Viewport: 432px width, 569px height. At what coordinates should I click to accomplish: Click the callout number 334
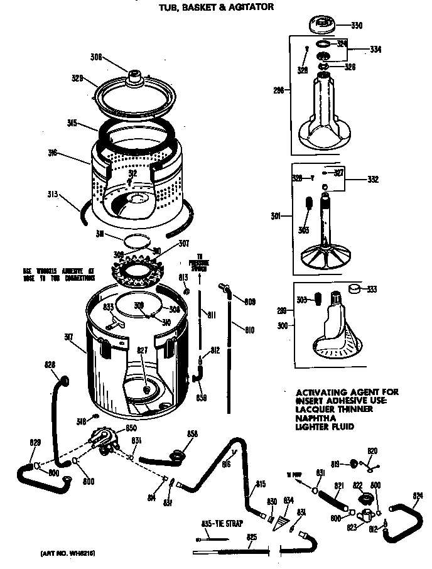pyautogui.click(x=376, y=49)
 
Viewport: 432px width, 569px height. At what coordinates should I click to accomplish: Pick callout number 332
pyautogui.click(x=373, y=180)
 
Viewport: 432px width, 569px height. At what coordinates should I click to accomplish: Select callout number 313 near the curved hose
pyautogui.click(x=53, y=194)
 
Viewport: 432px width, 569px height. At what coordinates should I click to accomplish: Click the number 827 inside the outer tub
pyautogui.click(x=143, y=351)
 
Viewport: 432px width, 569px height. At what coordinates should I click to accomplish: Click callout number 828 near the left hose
pyautogui.click(x=50, y=364)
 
